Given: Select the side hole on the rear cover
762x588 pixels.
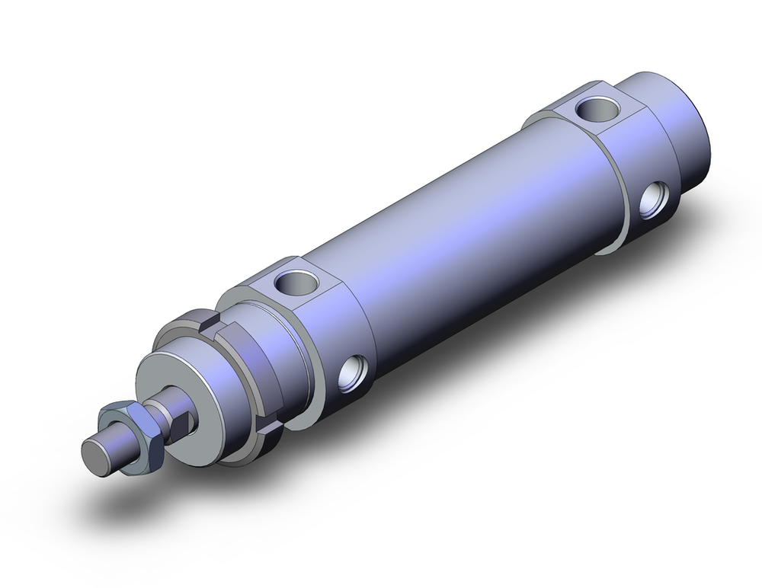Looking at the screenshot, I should (x=652, y=200).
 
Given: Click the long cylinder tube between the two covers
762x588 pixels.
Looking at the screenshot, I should (x=457, y=228).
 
